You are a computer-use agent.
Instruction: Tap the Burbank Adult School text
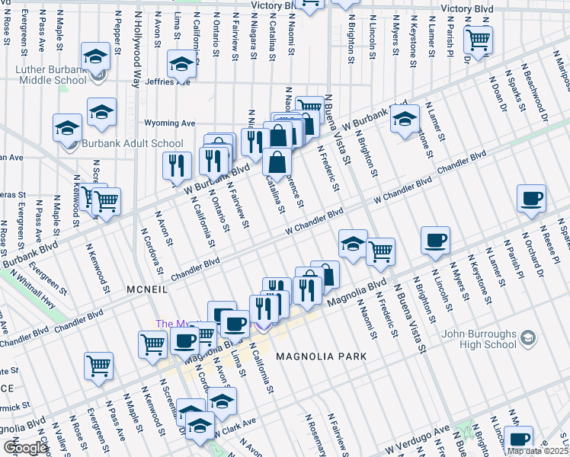coord(134,143)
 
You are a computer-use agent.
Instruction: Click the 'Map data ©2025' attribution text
coord(536,451)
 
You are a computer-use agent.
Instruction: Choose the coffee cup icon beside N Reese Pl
coord(531,199)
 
